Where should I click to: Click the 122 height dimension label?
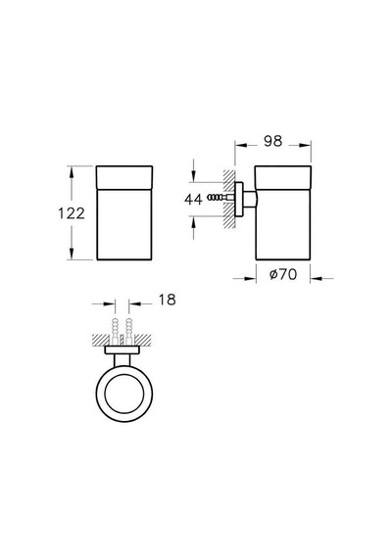click(72, 213)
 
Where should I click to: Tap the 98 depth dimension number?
click(273, 141)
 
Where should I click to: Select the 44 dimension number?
click(193, 199)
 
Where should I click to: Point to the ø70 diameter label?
click(283, 274)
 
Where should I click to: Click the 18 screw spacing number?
click(167, 300)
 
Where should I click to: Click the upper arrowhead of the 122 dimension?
click(72, 171)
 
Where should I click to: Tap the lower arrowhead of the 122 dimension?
click(72, 255)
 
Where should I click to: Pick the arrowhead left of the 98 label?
click(240, 145)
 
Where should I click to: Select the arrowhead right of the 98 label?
click(306, 145)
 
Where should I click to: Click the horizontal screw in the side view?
click(219, 197)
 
